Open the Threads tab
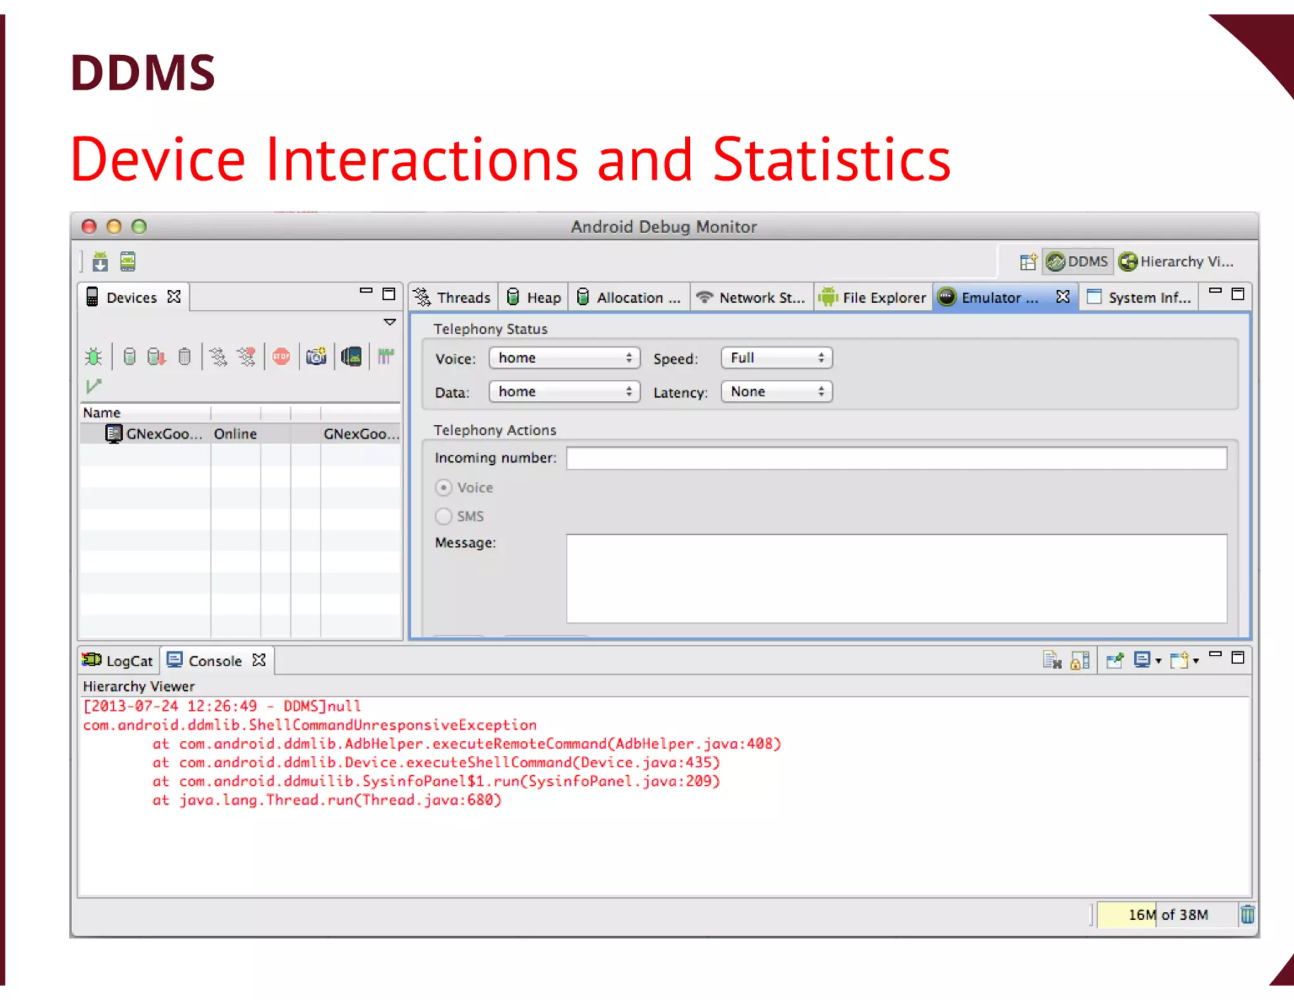(x=452, y=297)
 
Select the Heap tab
(x=535, y=297)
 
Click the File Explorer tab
(x=873, y=297)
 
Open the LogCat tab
(x=118, y=661)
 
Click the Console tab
(x=206, y=661)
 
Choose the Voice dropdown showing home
(x=564, y=358)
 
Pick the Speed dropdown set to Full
(x=777, y=358)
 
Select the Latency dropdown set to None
(x=777, y=392)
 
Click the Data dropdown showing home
(x=564, y=392)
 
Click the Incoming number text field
(x=896, y=458)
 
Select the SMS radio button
(x=444, y=516)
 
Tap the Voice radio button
(x=444, y=487)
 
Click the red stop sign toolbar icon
(x=281, y=357)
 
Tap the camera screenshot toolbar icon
(x=316, y=357)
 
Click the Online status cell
(x=235, y=434)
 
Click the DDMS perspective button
(x=1078, y=262)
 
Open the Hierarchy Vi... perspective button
(x=1176, y=262)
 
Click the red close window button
(x=89, y=226)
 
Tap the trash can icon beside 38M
(x=1247, y=914)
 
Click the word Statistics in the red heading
(x=831, y=160)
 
